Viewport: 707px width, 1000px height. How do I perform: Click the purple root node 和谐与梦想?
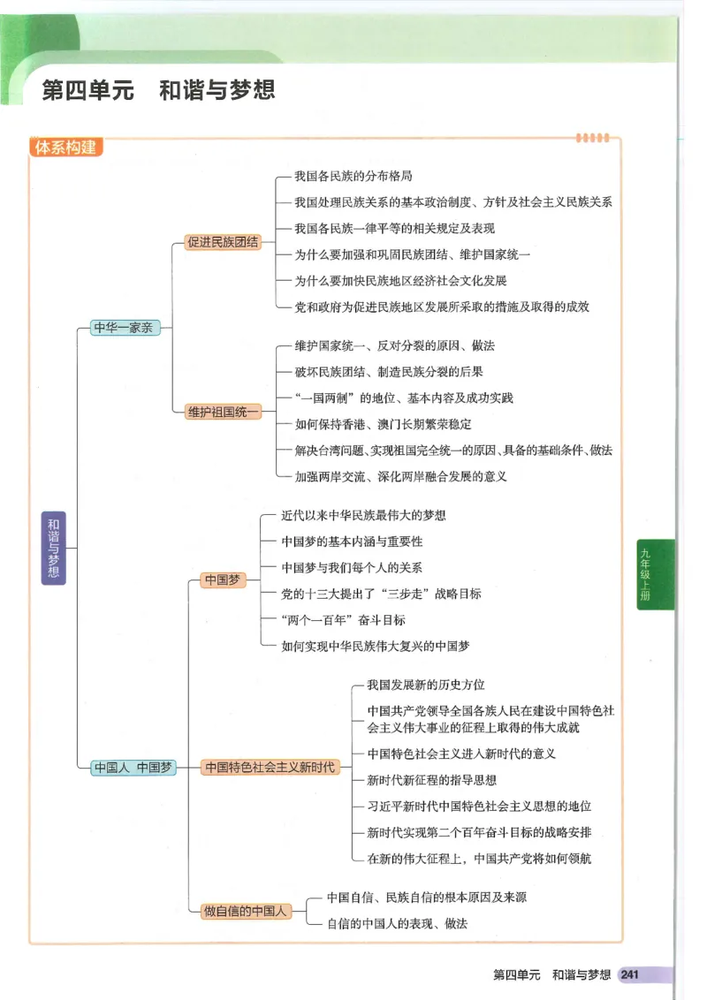pos(54,548)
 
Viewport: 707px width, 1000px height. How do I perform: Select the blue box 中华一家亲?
pos(124,328)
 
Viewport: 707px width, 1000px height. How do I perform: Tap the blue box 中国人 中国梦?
pos(133,768)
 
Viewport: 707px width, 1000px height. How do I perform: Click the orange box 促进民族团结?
pos(223,241)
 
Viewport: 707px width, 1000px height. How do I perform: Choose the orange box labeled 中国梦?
pos(222,580)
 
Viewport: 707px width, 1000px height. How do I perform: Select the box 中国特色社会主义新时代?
pos(270,768)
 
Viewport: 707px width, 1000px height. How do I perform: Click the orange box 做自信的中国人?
pos(246,911)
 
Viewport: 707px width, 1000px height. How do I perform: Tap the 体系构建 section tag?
pos(65,148)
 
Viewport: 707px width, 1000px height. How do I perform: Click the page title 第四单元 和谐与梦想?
pos(159,90)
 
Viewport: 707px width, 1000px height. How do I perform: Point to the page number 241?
pos(629,975)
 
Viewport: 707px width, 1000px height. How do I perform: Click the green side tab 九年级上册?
pos(654,574)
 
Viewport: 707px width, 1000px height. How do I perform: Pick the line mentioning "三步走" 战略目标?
pos(381,594)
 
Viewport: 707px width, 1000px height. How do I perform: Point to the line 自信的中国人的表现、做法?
pos(397,923)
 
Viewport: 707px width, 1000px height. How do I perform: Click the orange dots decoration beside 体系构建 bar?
pos(592,138)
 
